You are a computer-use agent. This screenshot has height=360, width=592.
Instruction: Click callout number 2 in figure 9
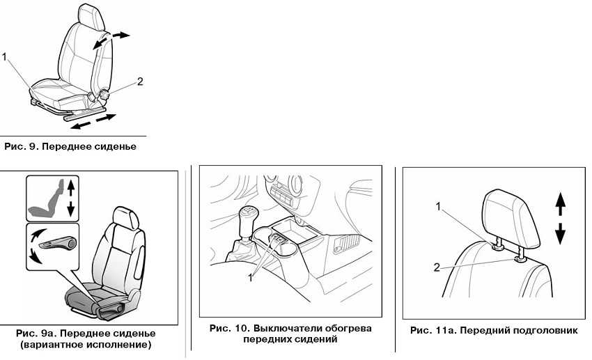coord(140,81)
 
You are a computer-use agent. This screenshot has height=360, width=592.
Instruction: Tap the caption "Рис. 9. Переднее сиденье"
coord(70,147)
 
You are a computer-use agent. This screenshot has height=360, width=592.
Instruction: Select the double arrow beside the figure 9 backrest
coord(112,40)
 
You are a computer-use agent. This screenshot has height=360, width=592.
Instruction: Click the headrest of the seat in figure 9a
coord(125,217)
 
